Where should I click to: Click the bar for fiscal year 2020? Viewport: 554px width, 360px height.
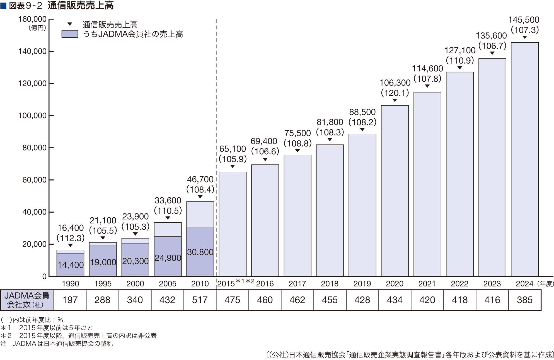coord(395,191)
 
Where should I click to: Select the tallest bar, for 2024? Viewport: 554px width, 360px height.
coord(524,159)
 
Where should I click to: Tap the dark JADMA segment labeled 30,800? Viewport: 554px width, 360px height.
coord(200,252)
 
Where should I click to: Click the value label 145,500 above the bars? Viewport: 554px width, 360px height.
coord(524,20)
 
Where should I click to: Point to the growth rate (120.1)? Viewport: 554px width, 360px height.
coord(395,93)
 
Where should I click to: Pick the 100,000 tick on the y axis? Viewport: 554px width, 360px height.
coord(32,116)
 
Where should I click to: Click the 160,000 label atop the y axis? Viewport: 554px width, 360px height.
coord(32,19)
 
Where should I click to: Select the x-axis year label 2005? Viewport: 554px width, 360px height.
coord(168,284)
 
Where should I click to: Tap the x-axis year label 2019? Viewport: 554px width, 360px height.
coord(362,284)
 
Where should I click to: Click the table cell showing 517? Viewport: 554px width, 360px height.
coord(200,300)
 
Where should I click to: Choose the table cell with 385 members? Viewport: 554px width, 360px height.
coord(525,300)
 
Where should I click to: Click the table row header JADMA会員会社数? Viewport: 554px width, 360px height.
coord(27,300)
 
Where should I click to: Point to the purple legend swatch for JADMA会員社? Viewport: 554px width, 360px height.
coord(70,34)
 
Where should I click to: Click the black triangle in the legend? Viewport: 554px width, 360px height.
coord(70,24)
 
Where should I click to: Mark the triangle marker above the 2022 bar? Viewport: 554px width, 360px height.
coord(460,68)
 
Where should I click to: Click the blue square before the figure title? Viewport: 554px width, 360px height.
coord(3,5)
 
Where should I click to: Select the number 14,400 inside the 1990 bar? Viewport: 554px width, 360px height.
coord(71,265)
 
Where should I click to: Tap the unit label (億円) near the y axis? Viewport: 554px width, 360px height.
coord(37,28)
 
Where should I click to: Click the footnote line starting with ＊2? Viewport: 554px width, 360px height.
coord(79,335)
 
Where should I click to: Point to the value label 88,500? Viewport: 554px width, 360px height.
coord(362,112)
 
